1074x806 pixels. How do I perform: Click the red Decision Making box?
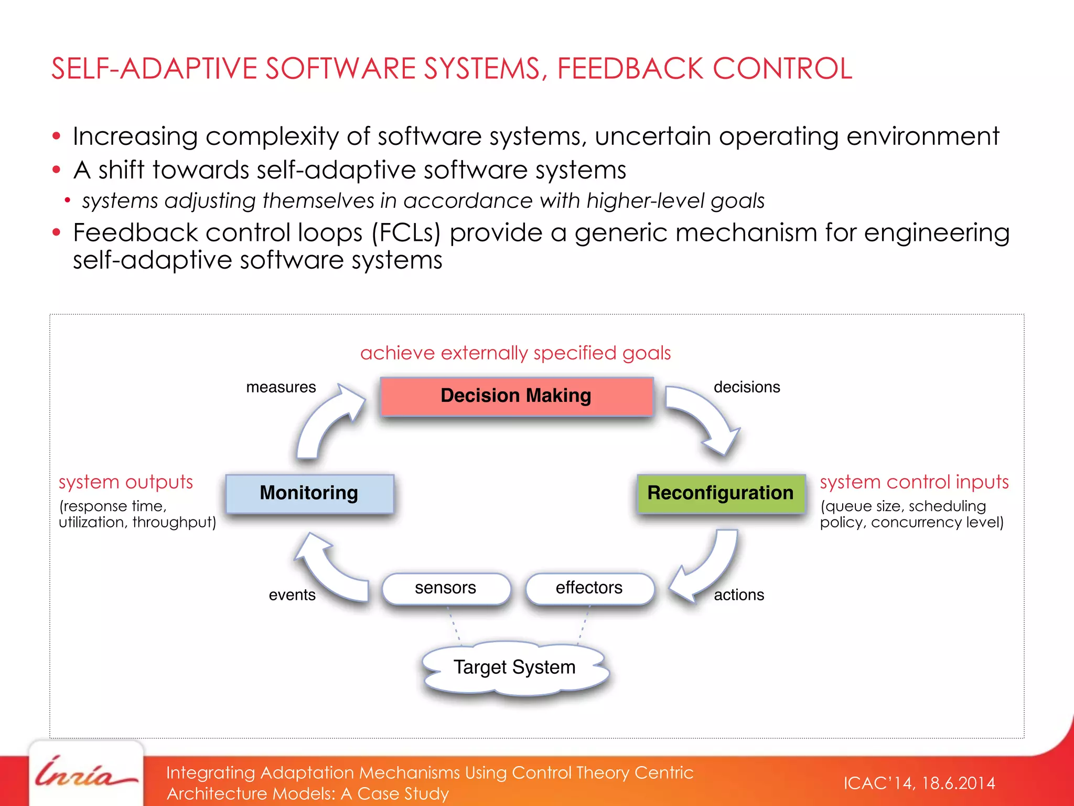click(517, 396)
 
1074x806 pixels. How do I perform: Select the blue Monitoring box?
click(309, 493)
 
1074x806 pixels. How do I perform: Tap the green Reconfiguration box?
click(721, 493)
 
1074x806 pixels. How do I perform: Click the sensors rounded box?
click(446, 588)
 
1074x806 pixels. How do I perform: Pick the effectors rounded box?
click(589, 588)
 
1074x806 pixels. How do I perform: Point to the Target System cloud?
click(515, 668)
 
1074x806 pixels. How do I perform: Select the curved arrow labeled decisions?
click(705, 417)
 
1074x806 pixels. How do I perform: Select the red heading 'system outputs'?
click(126, 482)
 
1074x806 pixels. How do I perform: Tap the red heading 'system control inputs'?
click(914, 482)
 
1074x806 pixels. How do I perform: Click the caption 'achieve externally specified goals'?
click(515, 353)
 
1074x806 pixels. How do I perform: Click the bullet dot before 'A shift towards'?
click(57, 170)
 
